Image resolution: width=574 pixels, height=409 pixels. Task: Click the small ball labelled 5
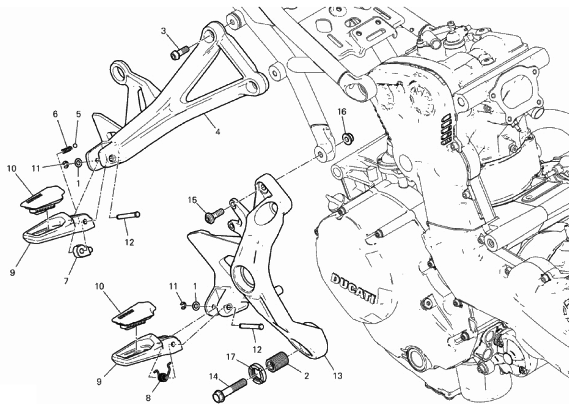pyautogui.click(x=75, y=145)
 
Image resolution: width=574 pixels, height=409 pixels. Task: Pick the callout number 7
pyautogui.click(x=66, y=281)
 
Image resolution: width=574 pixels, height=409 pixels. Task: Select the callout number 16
pyautogui.click(x=342, y=111)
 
